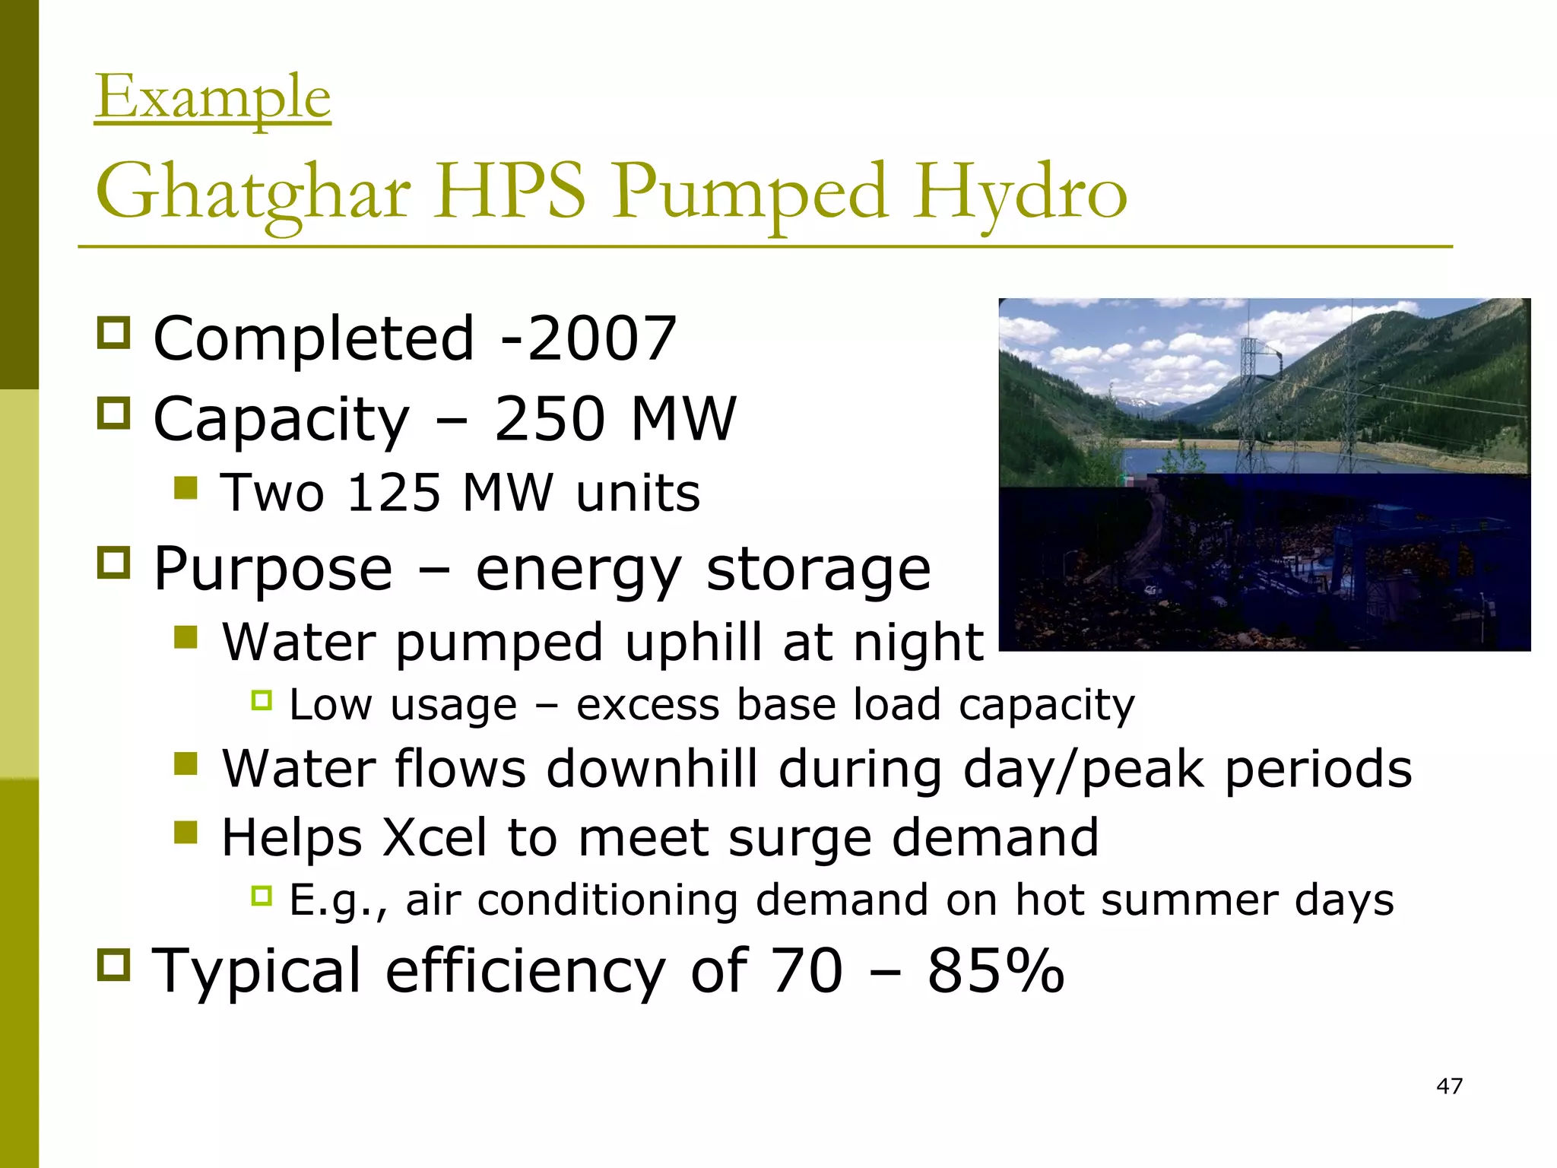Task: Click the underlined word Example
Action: (213, 97)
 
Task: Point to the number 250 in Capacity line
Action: (550, 418)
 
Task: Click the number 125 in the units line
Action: (393, 493)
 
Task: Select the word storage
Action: (818, 569)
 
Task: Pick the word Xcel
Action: (434, 837)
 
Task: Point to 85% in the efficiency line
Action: (995, 970)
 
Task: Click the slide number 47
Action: (1449, 1086)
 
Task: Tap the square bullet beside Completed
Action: (114, 333)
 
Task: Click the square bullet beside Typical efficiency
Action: (114, 965)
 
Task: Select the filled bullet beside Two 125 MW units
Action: (186, 487)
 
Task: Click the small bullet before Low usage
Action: (262, 700)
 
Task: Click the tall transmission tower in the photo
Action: (1251, 395)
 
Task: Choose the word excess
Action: (647, 704)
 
